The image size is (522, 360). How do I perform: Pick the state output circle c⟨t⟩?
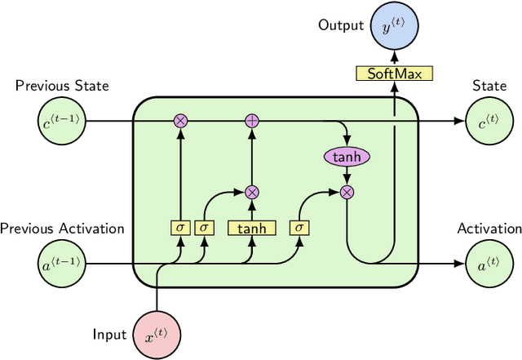point(488,122)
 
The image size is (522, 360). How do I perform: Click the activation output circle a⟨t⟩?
point(488,264)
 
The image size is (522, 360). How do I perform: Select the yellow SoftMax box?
point(394,73)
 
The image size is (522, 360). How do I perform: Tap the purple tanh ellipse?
point(347,156)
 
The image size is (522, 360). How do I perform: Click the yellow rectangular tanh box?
point(252,228)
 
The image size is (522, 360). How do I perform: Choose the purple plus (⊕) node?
point(252,122)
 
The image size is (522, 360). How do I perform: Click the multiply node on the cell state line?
point(180,122)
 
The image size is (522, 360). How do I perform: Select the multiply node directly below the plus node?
point(252,192)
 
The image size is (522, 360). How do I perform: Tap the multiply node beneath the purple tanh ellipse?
point(347,192)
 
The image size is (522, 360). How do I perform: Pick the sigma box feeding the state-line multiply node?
point(180,228)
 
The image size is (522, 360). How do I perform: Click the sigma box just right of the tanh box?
point(299,228)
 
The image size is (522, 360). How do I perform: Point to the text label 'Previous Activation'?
point(62,229)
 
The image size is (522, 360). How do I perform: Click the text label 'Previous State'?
point(62,86)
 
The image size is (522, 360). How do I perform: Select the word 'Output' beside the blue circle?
point(341,26)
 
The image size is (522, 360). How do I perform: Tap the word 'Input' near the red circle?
point(109,334)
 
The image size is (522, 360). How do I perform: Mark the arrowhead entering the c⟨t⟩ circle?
point(461,122)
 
